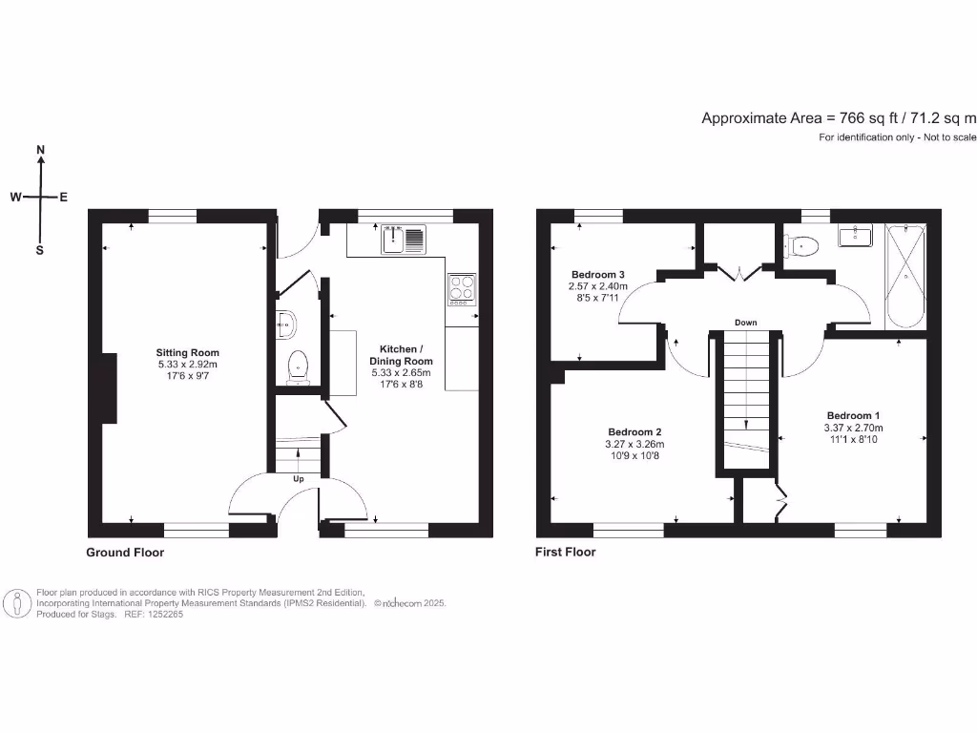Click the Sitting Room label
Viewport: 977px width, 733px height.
tap(188, 352)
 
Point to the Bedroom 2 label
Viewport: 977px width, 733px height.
tap(634, 431)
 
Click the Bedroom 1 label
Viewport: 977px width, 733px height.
tap(854, 415)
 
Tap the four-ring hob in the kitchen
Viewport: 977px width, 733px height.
tap(462, 288)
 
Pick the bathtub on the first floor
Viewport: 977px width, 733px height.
tap(904, 275)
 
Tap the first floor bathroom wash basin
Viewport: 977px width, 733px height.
tap(858, 235)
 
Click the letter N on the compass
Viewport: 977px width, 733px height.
tap(40, 150)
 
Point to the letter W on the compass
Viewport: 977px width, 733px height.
tap(16, 198)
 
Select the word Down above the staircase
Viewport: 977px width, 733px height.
tap(746, 323)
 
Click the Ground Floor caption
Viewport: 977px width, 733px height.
tap(125, 553)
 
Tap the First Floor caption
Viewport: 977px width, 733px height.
tap(565, 553)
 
